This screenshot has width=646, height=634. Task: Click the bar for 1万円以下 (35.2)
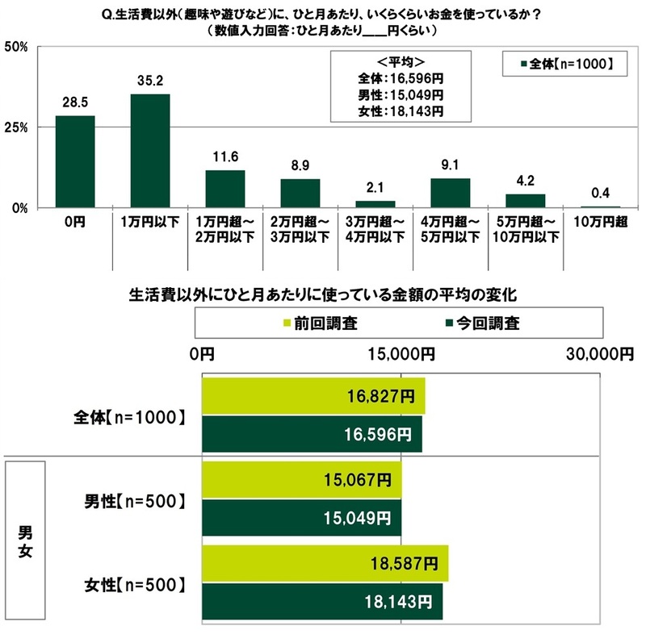pyautogui.click(x=150, y=151)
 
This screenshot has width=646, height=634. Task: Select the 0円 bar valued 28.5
pyautogui.click(x=75, y=161)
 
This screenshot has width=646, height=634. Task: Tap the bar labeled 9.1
pyautogui.click(x=450, y=193)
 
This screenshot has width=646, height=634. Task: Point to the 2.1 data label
pyautogui.click(x=375, y=189)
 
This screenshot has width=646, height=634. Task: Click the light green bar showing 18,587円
pyautogui.click(x=323, y=562)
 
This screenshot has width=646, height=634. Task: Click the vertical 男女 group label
pyautogui.click(x=26, y=540)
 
